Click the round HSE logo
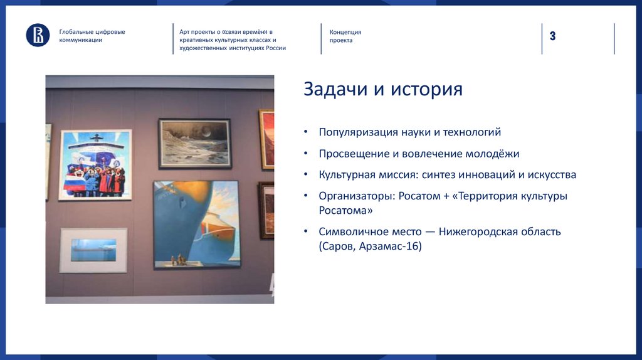[x=38, y=35]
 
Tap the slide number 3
[x=552, y=36]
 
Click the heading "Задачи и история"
[x=383, y=89]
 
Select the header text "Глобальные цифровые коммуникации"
[x=92, y=36]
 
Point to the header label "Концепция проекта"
[x=345, y=36]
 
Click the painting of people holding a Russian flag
[x=95, y=164]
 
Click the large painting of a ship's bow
[x=196, y=224]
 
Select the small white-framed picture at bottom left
[x=93, y=250]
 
